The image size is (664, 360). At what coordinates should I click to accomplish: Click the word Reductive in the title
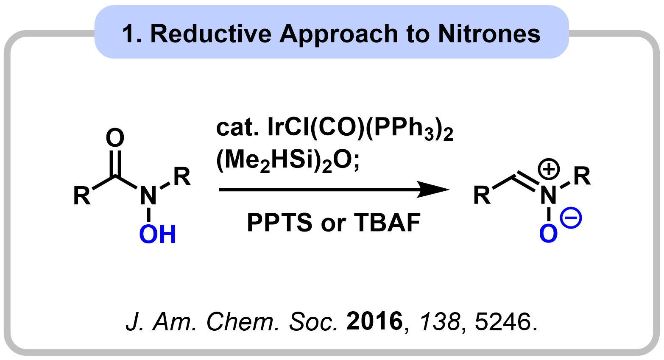211,34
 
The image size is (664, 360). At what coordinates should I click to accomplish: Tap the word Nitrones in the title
489,34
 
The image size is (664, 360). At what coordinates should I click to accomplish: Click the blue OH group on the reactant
158,234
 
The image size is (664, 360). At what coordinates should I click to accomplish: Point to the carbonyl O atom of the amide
115,137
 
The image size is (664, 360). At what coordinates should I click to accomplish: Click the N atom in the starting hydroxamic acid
148,196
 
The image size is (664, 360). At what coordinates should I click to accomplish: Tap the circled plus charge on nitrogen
549,169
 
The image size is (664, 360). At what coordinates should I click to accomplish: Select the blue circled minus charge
571,218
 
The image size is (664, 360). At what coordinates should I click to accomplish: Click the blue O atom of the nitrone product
548,234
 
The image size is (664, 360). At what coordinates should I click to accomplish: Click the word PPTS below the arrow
279,223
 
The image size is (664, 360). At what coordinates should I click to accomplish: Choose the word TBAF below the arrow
387,223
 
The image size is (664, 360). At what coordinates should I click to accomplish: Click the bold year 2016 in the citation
375,321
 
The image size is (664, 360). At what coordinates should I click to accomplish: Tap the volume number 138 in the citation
440,321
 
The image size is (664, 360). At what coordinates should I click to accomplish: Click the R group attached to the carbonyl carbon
82,196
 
